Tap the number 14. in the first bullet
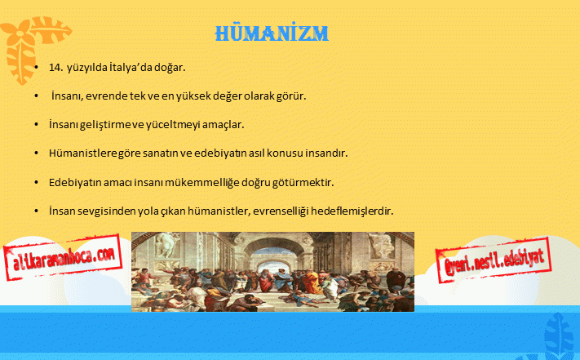(x=55, y=68)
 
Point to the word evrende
(x=106, y=96)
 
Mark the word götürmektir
(x=303, y=182)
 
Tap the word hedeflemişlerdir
(x=352, y=211)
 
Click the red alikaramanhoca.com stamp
(x=63, y=257)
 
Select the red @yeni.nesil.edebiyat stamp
(x=494, y=260)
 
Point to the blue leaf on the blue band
(x=560, y=336)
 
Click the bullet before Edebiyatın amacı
(x=36, y=182)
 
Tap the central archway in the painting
(x=272, y=259)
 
